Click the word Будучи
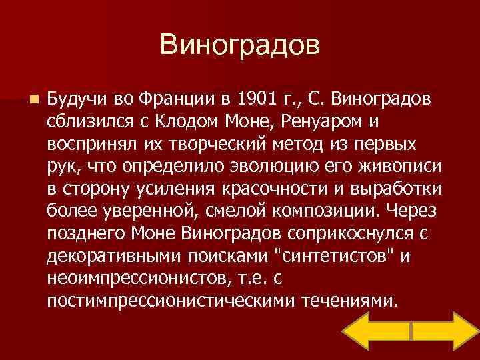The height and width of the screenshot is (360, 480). pyautogui.click(x=74, y=99)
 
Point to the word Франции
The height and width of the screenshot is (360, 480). pyautogui.click(x=179, y=99)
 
